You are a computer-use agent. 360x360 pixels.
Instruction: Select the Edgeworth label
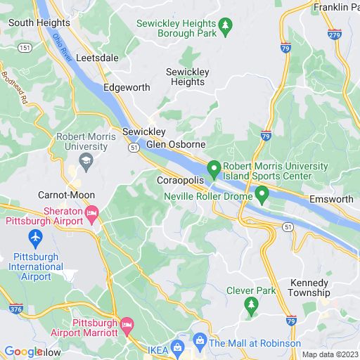(127, 88)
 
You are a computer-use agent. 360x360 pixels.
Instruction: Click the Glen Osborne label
(176, 144)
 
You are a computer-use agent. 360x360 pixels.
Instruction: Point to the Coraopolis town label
(179, 181)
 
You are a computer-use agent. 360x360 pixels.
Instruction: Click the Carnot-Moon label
(67, 195)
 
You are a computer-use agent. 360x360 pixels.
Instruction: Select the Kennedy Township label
(310, 288)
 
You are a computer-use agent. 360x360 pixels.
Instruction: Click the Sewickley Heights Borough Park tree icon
(225, 28)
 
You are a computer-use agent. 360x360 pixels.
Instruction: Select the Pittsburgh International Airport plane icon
(34, 237)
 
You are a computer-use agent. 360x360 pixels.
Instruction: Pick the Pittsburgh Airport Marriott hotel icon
(127, 324)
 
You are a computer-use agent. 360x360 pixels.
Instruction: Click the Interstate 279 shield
(335, 33)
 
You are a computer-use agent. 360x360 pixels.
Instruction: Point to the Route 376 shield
(16, 309)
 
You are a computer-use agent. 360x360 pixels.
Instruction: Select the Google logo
(23, 352)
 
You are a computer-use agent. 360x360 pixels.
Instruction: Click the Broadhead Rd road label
(13, 84)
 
